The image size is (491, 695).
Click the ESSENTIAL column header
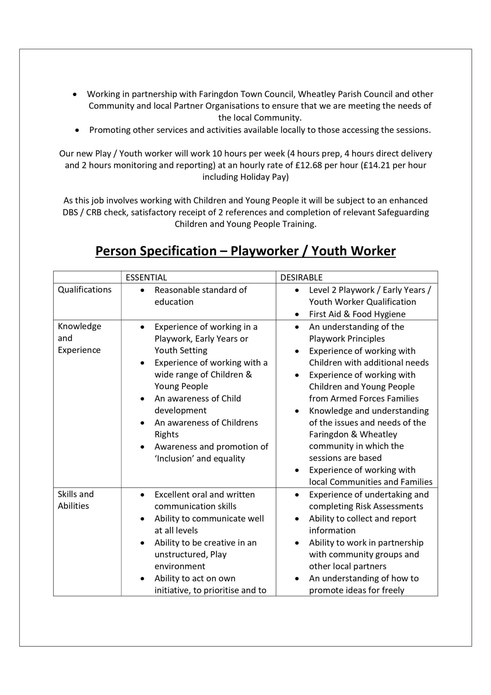[x=146, y=278]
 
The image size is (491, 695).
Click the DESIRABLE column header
[x=301, y=278]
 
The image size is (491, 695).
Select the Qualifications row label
[x=84, y=290]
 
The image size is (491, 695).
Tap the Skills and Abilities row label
[x=76, y=500]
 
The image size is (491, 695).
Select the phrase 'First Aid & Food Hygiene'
[x=357, y=314]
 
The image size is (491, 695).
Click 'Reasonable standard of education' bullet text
[x=200, y=296]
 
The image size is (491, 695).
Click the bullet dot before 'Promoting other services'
[x=78, y=130]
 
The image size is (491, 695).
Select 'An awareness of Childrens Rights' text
[x=206, y=428]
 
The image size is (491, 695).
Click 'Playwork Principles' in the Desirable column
[x=347, y=339]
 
